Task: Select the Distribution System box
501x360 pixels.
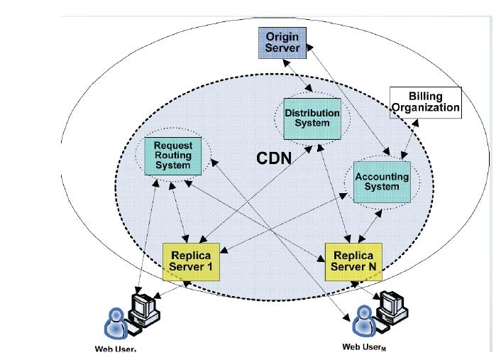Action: pyautogui.click(x=312, y=119)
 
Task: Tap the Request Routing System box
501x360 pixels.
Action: pyautogui.click(x=173, y=155)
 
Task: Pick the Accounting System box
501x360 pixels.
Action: pyautogui.click(x=382, y=182)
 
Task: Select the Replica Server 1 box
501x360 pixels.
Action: pyautogui.click(x=191, y=261)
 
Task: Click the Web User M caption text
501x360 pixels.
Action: pyautogui.click(x=364, y=347)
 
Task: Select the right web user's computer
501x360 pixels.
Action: pyautogui.click(x=391, y=306)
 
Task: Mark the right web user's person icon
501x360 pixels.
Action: pyautogui.click(x=364, y=321)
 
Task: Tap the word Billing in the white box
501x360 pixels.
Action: pyautogui.click(x=425, y=96)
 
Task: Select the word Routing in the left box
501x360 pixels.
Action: pyautogui.click(x=173, y=156)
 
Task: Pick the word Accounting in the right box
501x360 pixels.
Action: pyautogui.click(x=382, y=176)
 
